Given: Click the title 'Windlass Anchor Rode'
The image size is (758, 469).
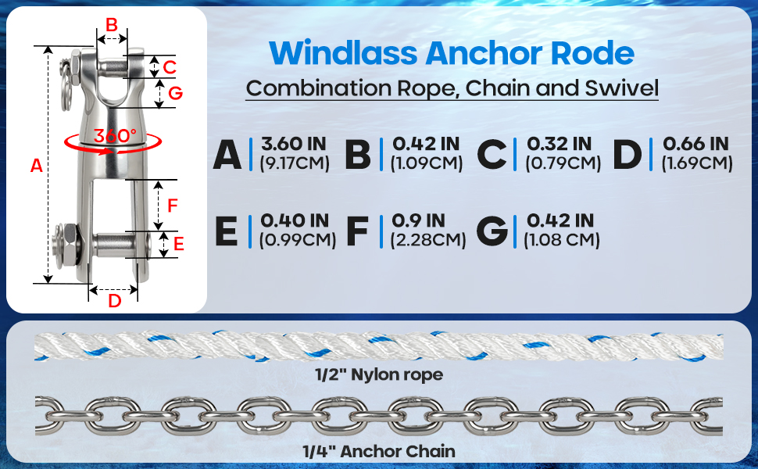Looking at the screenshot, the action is [x=452, y=52].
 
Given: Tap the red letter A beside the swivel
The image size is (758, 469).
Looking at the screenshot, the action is [x=36, y=166].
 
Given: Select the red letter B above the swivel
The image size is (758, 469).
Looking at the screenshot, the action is [x=112, y=25].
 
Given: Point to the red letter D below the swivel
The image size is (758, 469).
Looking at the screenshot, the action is [x=114, y=300].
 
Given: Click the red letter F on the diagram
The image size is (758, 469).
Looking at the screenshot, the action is [x=173, y=206].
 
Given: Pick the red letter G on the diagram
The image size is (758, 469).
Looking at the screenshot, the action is [x=175, y=93].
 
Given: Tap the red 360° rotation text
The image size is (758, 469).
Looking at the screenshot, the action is [x=115, y=134].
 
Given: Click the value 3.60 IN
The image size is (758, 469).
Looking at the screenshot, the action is [x=294, y=144].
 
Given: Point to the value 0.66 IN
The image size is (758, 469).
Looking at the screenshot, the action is [x=695, y=144].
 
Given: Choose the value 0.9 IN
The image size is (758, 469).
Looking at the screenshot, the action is [x=419, y=220].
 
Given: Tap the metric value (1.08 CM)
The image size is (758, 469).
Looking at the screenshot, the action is [x=562, y=240].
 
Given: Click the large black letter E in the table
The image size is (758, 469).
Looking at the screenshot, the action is [x=226, y=231].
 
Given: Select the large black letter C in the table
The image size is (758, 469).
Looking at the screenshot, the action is [x=492, y=154].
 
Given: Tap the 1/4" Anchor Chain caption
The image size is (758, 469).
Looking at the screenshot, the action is [x=378, y=451].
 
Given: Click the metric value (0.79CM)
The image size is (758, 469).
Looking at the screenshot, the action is [x=563, y=163].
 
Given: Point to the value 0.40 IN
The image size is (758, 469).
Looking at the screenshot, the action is [x=295, y=220].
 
